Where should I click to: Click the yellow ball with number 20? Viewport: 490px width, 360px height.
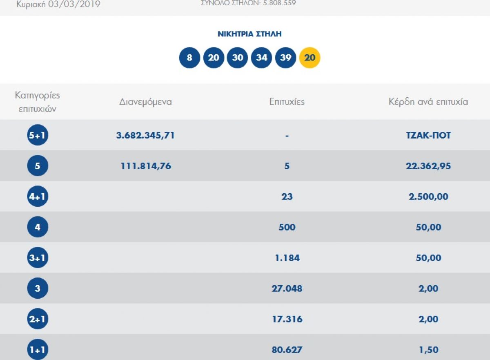point(310,58)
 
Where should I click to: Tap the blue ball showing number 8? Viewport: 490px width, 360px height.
point(189,58)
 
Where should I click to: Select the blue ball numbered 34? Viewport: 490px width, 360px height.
point(261,58)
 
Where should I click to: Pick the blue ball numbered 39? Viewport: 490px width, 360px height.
point(285,58)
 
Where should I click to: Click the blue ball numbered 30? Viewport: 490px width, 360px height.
point(237,58)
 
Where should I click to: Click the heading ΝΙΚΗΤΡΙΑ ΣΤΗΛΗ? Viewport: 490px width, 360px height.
point(249,34)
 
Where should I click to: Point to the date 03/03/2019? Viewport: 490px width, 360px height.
point(74,4)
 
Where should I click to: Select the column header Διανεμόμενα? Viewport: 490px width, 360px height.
point(145,102)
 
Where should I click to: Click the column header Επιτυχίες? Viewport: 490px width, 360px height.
point(287,102)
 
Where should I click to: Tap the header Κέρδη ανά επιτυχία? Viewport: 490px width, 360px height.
point(428,102)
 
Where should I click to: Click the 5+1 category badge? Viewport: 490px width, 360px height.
point(38,135)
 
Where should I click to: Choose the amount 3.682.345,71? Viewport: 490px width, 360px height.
point(145,135)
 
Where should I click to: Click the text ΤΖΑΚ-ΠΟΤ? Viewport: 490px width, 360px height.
point(428,135)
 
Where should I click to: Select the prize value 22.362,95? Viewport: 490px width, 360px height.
point(428,166)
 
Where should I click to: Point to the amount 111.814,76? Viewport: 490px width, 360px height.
point(146,166)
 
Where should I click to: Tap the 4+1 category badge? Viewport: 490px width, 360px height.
point(38,196)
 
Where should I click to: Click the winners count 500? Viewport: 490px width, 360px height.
point(287,227)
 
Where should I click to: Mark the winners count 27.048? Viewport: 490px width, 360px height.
point(287,288)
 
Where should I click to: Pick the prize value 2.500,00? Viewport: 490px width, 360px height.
point(428,197)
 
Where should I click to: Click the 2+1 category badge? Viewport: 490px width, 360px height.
point(38,319)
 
